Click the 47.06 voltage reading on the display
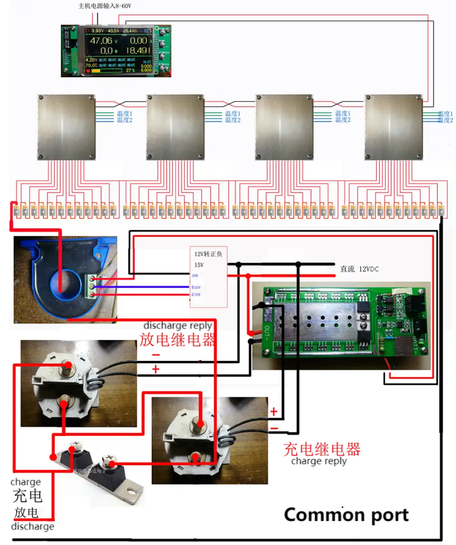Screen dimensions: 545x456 tap(101, 41)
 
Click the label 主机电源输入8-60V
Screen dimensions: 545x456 tap(108, 6)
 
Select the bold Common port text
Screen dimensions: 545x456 tap(346, 515)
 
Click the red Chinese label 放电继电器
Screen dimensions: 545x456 tap(178, 340)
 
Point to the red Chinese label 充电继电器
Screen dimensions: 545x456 tap(322, 449)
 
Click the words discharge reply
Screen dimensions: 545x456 tap(178, 326)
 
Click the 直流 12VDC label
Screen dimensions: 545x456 tap(360, 269)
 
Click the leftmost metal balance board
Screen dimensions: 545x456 tap(67, 127)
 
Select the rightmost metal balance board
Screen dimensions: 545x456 tap(394, 127)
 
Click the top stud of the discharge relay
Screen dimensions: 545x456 tap(68, 365)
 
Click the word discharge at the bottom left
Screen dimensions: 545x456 tap(32, 527)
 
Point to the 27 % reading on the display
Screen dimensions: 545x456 tap(130, 71)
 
